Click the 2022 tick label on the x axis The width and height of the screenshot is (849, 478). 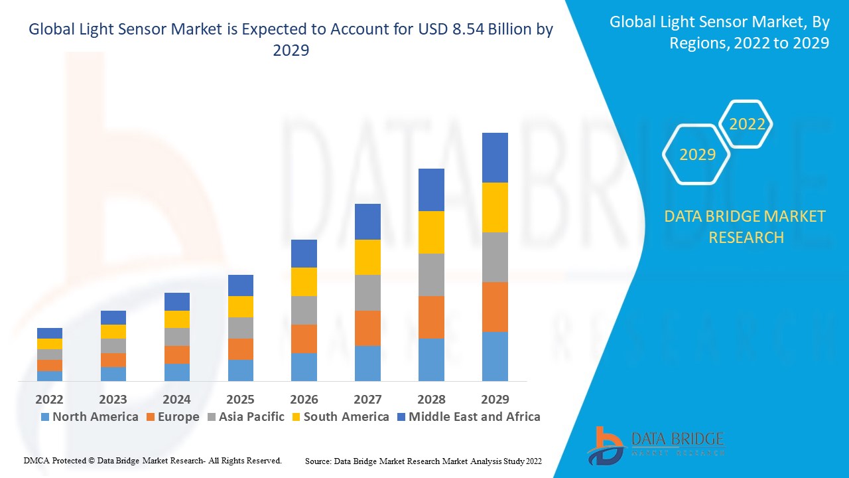coord(49,399)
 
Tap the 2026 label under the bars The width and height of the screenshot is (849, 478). coord(304,399)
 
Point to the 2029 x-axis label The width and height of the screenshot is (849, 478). coord(495,399)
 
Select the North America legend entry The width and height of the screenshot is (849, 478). coord(90,417)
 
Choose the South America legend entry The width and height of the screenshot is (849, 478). coord(340,417)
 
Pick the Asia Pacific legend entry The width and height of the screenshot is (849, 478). coord(245,417)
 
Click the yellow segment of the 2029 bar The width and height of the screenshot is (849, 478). coord(495,207)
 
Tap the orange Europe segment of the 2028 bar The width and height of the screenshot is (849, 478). coord(431,317)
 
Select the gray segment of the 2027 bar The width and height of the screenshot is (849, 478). coord(367,293)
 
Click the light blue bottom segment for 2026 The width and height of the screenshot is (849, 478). coord(304,366)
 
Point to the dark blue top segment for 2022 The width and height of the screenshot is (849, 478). coord(49,333)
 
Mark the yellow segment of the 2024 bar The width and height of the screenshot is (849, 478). coord(176,319)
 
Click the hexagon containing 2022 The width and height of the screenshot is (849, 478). coord(747,124)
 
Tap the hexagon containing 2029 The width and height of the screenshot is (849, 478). coord(697,155)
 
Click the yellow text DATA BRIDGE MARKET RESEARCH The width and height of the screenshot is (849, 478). coord(746,226)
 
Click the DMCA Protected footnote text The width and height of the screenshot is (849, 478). coord(153,460)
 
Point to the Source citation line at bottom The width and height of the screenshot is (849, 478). coord(423,461)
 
